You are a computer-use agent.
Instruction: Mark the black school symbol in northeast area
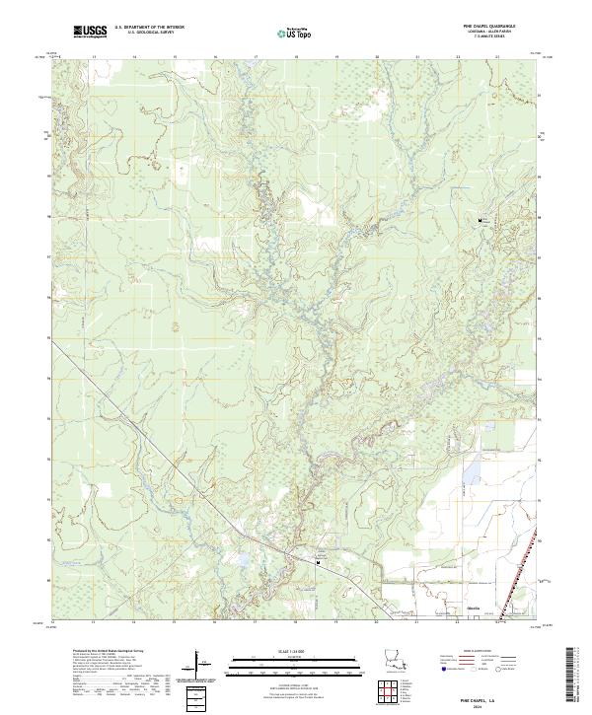(481, 220)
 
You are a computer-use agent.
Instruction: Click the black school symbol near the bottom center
(318, 563)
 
